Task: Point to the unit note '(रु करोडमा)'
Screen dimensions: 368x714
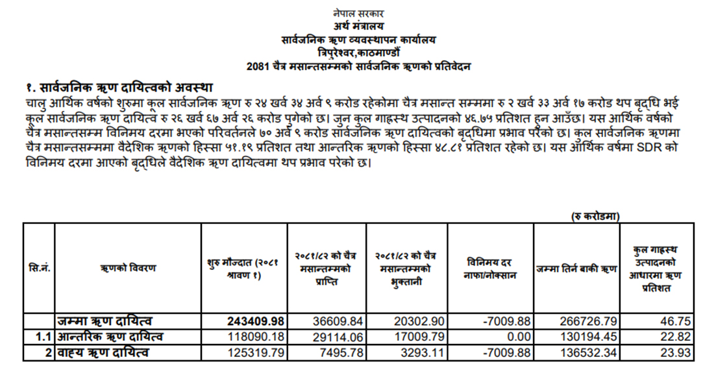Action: (595, 215)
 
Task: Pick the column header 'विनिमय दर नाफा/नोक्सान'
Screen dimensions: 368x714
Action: (491, 268)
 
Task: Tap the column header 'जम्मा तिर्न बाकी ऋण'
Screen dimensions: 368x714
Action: (576, 268)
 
